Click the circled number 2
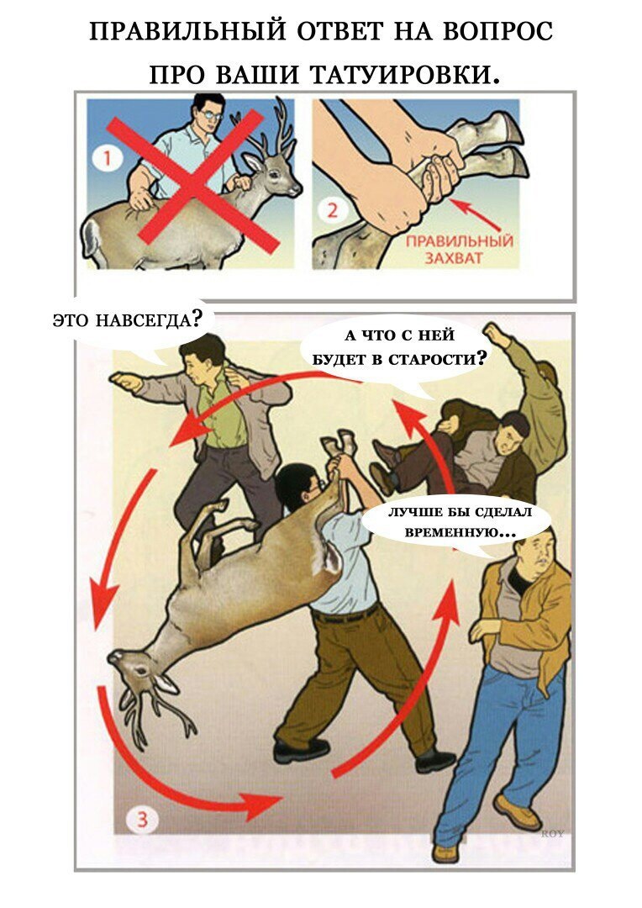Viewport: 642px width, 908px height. [332, 209]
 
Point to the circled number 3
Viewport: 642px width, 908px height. [142, 820]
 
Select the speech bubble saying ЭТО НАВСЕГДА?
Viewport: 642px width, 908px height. [129, 322]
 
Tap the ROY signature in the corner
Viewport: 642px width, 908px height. [552, 834]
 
